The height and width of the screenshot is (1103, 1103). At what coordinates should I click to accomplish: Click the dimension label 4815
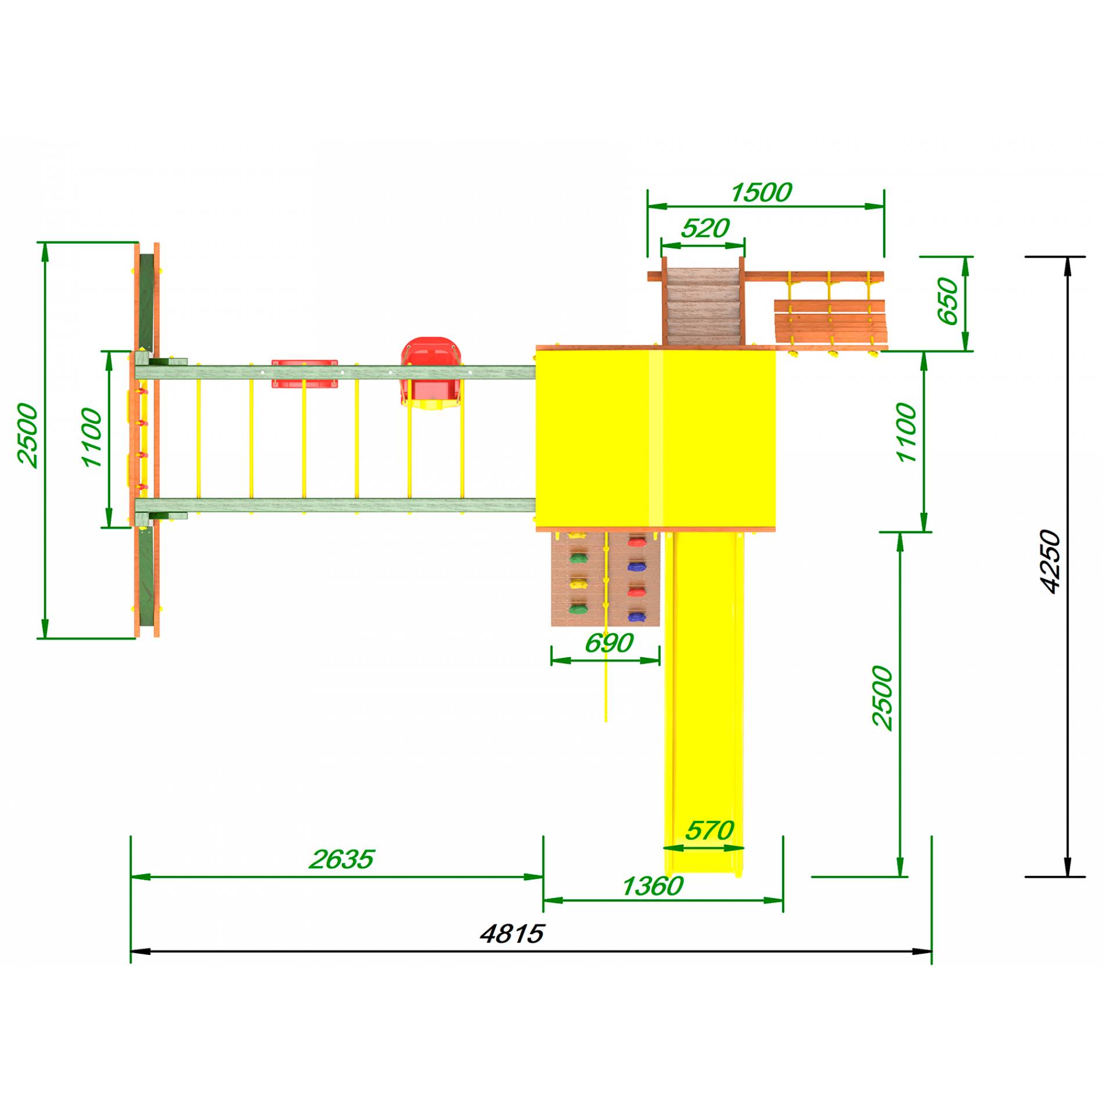(x=512, y=934)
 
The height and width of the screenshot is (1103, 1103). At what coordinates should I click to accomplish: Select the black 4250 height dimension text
(x=1050, y=561)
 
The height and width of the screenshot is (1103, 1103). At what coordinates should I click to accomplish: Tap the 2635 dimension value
(x=341, y=860)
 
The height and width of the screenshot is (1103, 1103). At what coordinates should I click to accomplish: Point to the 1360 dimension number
(x=653, y=886)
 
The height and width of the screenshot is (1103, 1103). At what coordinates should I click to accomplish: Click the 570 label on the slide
(x=709, y=831)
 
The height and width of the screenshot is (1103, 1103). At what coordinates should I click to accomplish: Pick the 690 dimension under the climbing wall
(x=608, y=643)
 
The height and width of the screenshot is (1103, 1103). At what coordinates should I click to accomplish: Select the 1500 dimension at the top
(x=760, y=193)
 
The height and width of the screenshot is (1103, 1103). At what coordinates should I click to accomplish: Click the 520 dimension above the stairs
(x=705, y=229)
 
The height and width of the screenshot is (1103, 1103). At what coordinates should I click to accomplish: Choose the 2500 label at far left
(x=27, y=435)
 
